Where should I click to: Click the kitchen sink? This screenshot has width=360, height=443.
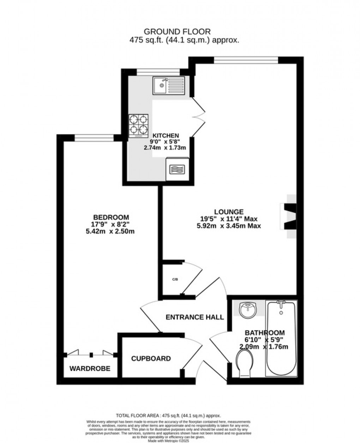(x=168, y=85)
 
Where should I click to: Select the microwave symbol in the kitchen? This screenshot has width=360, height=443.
(x=177, y=169)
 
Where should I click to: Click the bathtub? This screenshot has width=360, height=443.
(x=281, y=339)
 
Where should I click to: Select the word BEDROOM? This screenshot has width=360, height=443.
(x=111, y=217)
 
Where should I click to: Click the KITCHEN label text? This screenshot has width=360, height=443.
(x=165, y=136)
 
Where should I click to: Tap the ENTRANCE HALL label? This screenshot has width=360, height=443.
(x=195, y=317)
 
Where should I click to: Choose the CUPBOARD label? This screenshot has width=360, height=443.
(x=151, y=359)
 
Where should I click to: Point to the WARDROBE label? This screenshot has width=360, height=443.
(x=90, y=369)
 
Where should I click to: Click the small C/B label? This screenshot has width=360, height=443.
(x=175, y=279)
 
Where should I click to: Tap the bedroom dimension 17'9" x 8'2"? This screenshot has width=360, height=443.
(x=111, y=224)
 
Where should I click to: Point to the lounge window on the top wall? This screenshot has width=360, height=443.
(x=246, y=60)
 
